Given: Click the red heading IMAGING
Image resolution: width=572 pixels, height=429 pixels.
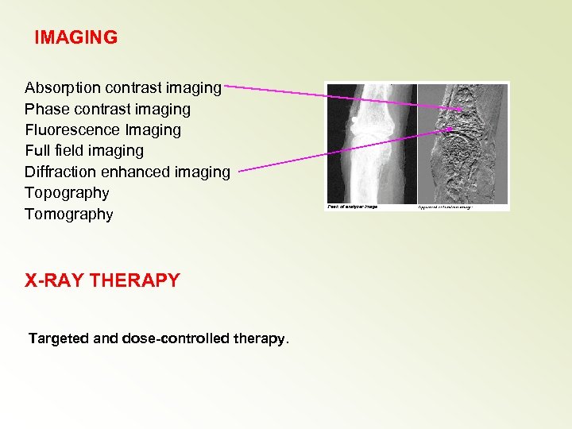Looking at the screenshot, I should (x=76, y=37).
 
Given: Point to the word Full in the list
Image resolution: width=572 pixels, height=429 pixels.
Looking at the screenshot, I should (x=37, y=150).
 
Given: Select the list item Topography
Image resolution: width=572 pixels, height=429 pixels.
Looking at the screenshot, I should (x=67, y=192).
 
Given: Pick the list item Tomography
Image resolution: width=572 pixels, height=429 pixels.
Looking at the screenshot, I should (x=69, y=214).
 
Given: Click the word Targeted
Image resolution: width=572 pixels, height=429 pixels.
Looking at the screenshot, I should (x=59, y=338).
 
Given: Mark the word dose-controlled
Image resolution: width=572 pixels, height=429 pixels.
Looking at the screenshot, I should (x=176, y=338).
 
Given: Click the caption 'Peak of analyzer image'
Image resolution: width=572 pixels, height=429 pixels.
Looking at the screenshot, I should (x=354, y=207).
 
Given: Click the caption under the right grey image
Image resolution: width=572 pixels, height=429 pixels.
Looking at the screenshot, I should (x=445, y=207).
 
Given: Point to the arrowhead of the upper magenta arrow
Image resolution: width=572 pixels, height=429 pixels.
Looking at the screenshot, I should (x=460, y=108).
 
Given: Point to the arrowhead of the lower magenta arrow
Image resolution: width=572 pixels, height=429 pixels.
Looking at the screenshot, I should (x=451, y=127).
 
